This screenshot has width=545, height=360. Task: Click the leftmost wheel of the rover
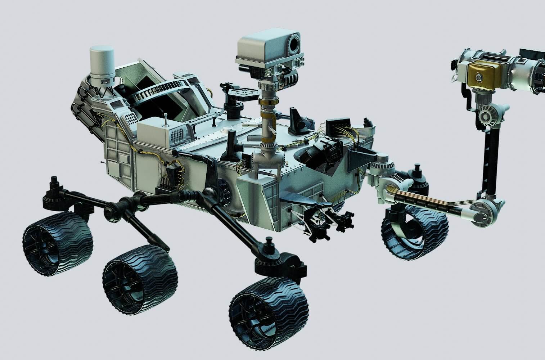(x=58, y=240)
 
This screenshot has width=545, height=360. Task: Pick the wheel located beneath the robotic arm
(x=414, y=230)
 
